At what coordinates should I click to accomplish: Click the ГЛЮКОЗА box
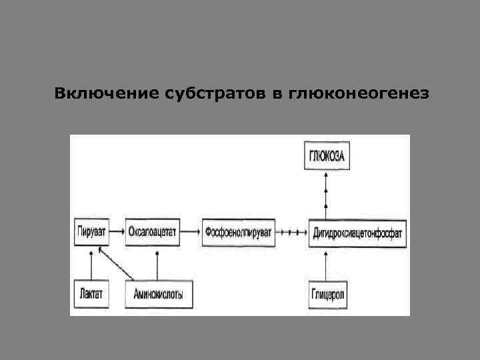coord(326,157)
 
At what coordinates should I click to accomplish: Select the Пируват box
coord(90,232)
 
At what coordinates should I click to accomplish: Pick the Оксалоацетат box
coord(151,232)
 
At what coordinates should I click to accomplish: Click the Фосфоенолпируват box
coord(238,232)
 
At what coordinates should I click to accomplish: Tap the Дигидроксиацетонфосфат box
coord(357,233)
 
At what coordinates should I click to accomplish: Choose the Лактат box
coord(90,293)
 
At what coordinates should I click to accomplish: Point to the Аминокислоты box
coord(157,293)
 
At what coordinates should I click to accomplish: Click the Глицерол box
coord(327,293)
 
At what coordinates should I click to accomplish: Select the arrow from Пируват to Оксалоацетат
coord(117,232)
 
